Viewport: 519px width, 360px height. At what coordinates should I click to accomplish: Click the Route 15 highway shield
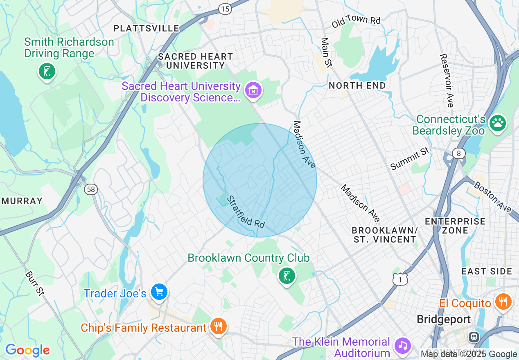click(225, 9)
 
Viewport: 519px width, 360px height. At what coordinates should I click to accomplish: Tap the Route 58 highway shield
click(91, 189)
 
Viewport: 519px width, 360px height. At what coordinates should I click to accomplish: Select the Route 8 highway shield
click(459, 154)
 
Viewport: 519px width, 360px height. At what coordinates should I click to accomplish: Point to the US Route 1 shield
click(400, 279)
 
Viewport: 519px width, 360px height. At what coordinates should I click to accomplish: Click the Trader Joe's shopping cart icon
click(159, 292)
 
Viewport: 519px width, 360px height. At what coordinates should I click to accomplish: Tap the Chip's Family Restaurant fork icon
click(218, 326)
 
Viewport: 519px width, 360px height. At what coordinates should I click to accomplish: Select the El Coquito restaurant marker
click(503, 302)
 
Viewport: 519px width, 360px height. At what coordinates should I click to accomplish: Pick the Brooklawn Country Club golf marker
click(287, 276)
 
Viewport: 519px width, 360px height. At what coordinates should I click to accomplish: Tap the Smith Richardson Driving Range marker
click(47, 72)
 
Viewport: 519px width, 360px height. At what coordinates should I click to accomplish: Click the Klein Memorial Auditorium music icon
click(403, 346)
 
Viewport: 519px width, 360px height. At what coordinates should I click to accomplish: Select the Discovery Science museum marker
click(253, 90)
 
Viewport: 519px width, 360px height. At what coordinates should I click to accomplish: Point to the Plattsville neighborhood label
click(146, 28)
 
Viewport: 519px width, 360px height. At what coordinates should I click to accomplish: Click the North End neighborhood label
click(357, 85)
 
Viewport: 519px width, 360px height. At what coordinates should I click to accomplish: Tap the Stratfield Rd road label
click(246, 211)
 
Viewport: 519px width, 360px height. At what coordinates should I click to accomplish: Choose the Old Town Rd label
click(356, 21)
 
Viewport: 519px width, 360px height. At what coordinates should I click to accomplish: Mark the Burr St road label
click(34, 283)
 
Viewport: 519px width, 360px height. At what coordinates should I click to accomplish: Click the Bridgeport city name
click(444, 319)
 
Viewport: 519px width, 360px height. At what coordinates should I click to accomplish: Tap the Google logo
click(27, 350)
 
